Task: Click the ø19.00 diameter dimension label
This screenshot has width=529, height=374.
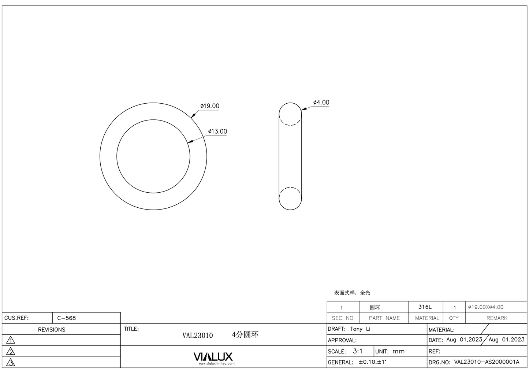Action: coord(210,106)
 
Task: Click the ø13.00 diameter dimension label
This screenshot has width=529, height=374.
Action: coord(217,132)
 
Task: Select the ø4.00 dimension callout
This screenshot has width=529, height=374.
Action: coord(321,103)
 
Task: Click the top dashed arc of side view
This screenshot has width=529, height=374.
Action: coord(290,123)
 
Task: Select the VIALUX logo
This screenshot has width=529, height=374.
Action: coord(213,357)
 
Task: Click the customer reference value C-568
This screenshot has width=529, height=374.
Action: coord(67,318)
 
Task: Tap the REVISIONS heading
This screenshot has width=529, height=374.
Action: coord(52,330)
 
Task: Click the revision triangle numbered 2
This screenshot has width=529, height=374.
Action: coord(11,352)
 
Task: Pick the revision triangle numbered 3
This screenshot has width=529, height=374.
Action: coord(11,363)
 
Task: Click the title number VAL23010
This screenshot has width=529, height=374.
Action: coord(198,336)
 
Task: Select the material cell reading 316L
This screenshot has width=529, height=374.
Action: coord(425,307)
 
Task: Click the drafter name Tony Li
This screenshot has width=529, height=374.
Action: coord(360,329)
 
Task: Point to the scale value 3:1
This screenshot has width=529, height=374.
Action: coord(358,351)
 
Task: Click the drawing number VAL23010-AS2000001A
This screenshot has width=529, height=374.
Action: coord(487,362)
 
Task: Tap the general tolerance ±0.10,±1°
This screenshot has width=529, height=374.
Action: coord(372,362)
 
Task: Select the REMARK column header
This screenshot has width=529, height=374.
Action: coord(497,318)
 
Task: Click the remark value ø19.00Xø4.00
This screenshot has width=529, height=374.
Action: coord(486,307)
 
